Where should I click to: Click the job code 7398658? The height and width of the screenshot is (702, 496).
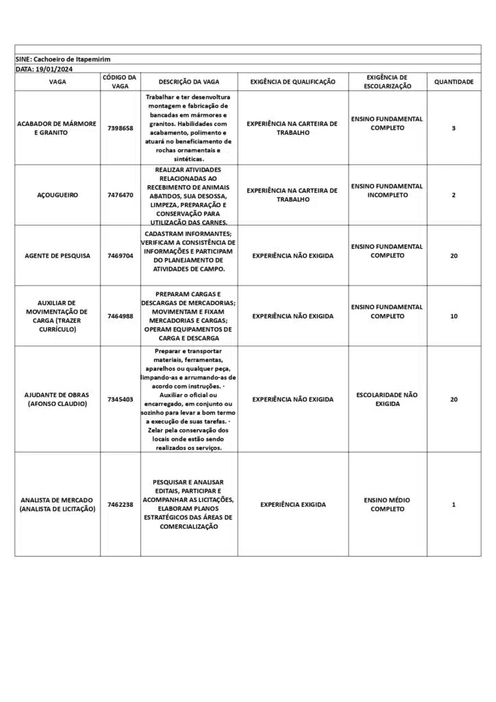coord(121,128)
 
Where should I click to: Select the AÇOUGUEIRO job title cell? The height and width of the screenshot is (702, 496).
coord(58,195)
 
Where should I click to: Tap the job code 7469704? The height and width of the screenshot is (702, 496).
coord(121,256)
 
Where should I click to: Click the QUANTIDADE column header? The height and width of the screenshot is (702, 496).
coord(454,82)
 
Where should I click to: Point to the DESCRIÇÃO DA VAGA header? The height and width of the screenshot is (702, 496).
coord(188,82)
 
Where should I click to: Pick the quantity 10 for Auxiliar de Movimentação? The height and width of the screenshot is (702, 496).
coord(454,316)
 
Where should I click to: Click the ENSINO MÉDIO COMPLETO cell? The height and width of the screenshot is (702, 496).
coord(387,505)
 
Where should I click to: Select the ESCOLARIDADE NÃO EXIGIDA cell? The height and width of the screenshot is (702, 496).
coord(387,399)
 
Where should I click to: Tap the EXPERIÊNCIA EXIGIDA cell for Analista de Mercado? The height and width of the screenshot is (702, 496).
coord(293,505)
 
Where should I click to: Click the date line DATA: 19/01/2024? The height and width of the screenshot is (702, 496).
coord(45,69)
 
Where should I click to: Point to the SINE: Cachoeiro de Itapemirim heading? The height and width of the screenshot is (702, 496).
coord(63,60)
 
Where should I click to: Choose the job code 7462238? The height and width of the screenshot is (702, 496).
coord(121,505)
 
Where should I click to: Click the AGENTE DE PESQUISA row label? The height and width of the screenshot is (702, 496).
coord(58,256)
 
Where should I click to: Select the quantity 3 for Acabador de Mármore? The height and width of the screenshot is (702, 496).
coord(454,128)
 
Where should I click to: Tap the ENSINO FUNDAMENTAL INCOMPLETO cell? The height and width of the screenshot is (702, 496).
coord(387,191)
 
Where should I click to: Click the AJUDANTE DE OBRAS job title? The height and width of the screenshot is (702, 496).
coord(58,399)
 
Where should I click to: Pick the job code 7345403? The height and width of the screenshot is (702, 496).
coord(121,399)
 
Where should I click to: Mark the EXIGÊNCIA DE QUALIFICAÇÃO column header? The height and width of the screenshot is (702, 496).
coord(293,82)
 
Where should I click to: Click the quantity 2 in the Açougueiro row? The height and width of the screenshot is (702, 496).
coord(454,195)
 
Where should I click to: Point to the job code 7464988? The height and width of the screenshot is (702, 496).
coord(121,316)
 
